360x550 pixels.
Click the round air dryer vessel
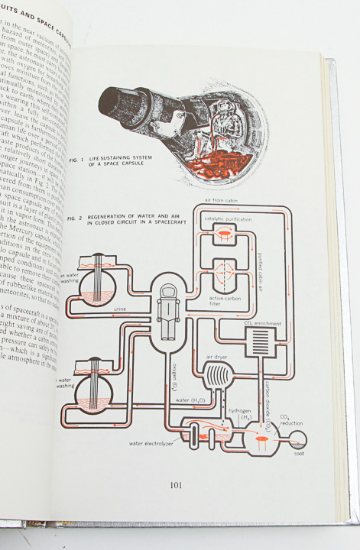coord(216,377)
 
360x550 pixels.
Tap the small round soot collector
coord(296,438)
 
